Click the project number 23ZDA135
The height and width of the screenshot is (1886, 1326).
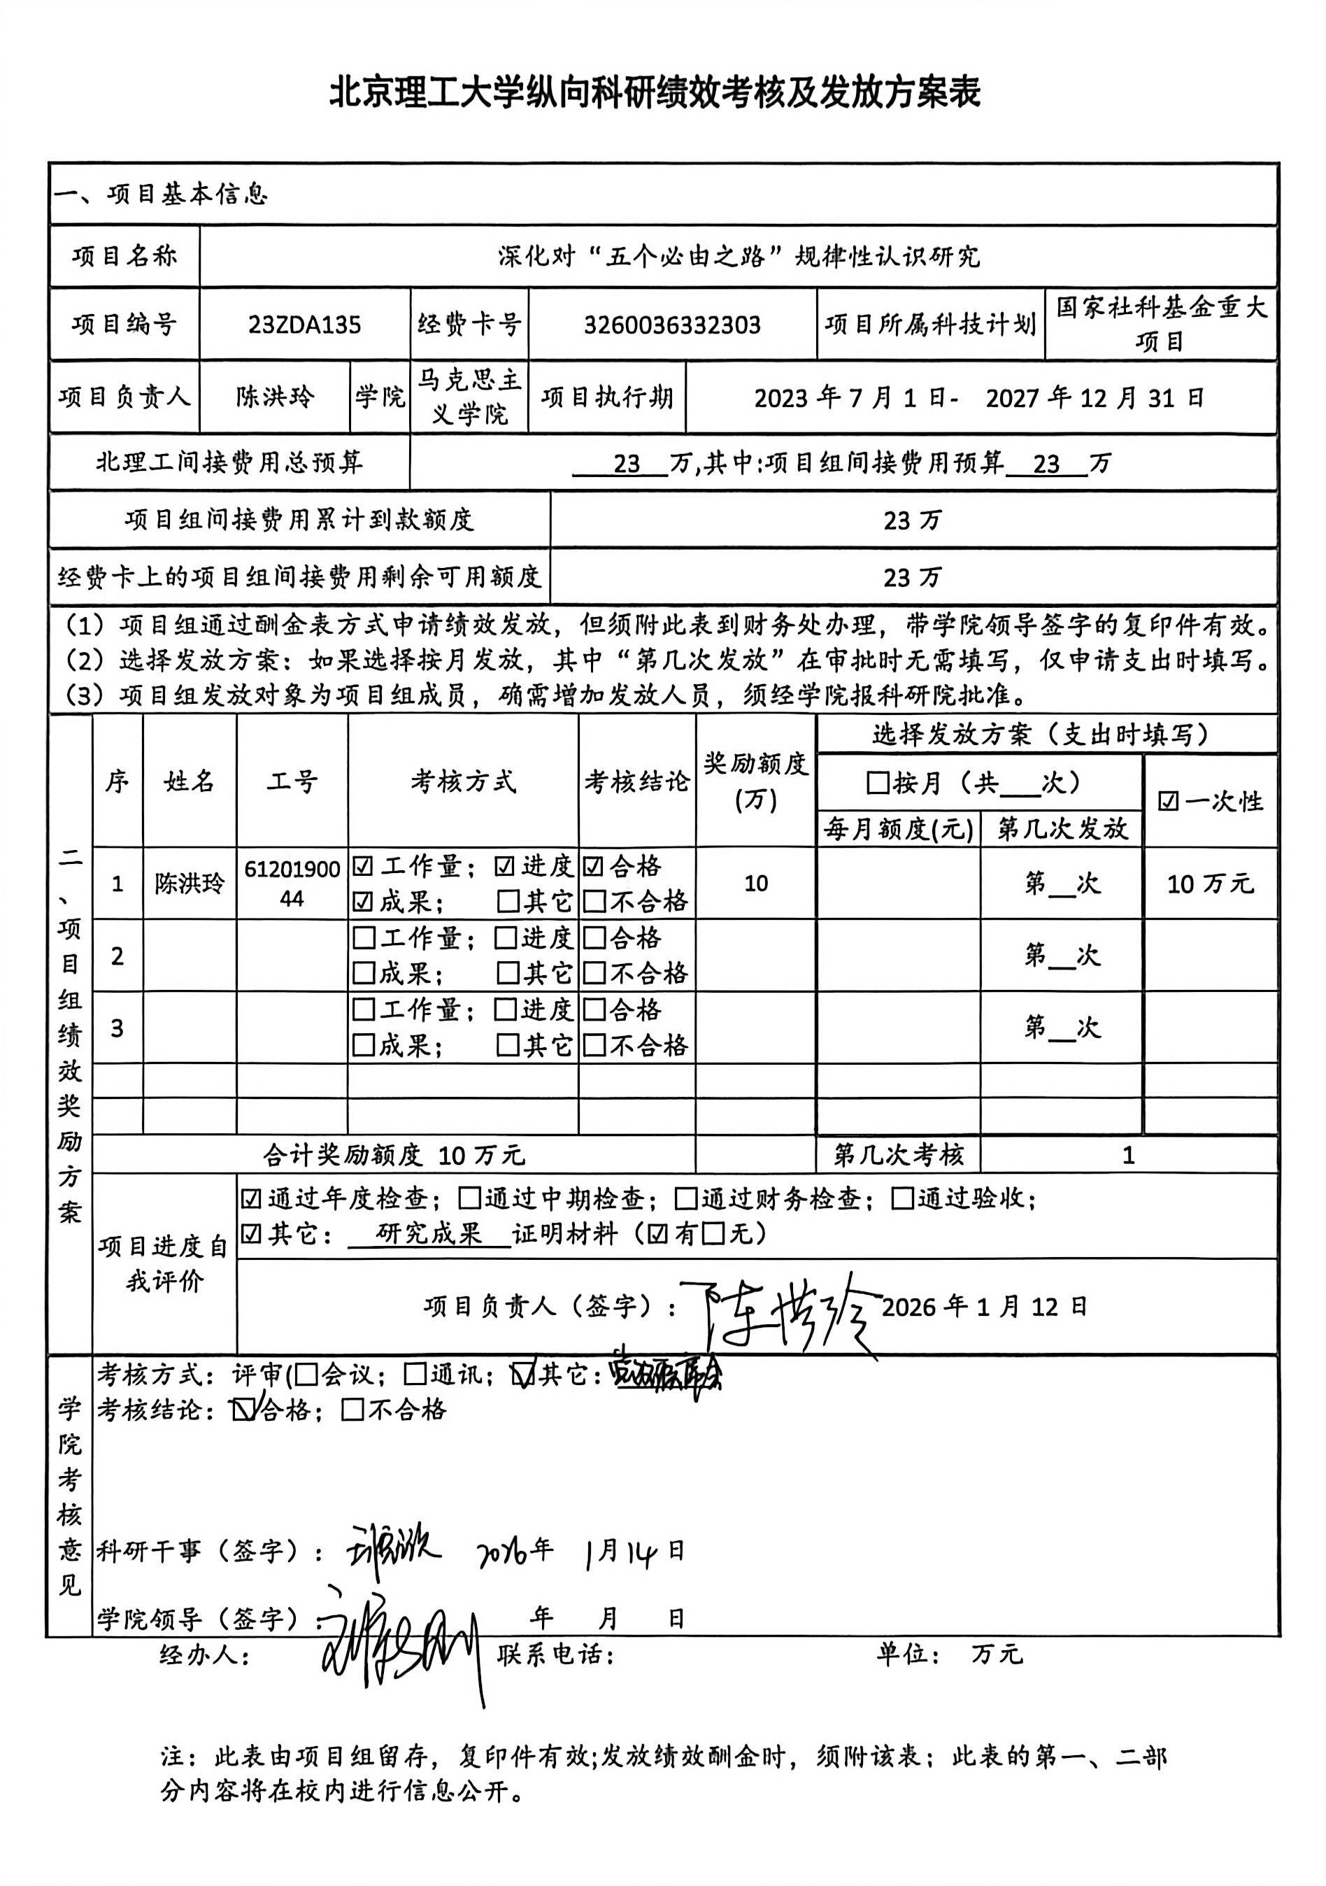point(305,325)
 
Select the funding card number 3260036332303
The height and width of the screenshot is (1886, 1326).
point(671,325)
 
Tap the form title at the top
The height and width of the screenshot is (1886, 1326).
point(655,92)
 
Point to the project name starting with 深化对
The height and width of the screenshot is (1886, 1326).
point(738,256)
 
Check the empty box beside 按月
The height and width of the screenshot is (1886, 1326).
point(878,783)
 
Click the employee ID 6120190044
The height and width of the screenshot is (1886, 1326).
point(292,883)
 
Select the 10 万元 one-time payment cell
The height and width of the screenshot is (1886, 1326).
point(1209,884)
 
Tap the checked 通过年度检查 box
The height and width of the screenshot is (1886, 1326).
point(251,1199)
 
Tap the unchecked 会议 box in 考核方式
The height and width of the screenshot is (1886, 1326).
point(306,1374)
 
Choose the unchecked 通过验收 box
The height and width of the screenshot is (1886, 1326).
point(902,1199)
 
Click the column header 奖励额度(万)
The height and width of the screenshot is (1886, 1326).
point(755,781)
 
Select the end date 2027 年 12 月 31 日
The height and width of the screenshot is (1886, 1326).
point(1095,398)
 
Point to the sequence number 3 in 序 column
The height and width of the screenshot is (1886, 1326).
point(117,1028)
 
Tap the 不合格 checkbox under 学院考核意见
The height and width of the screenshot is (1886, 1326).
point(352,1410)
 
